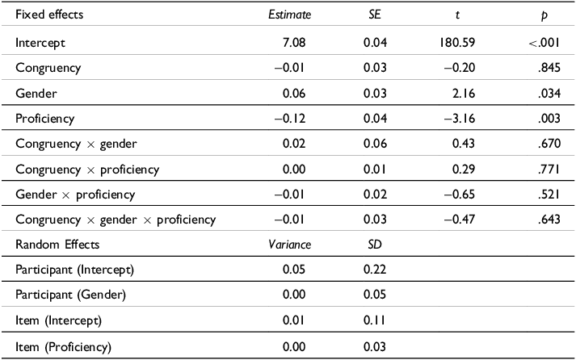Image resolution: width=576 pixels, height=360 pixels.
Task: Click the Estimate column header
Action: coord(290,15)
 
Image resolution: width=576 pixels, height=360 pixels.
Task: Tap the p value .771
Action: coord(549,170)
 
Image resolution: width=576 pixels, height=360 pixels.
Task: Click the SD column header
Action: coord(373,243)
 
